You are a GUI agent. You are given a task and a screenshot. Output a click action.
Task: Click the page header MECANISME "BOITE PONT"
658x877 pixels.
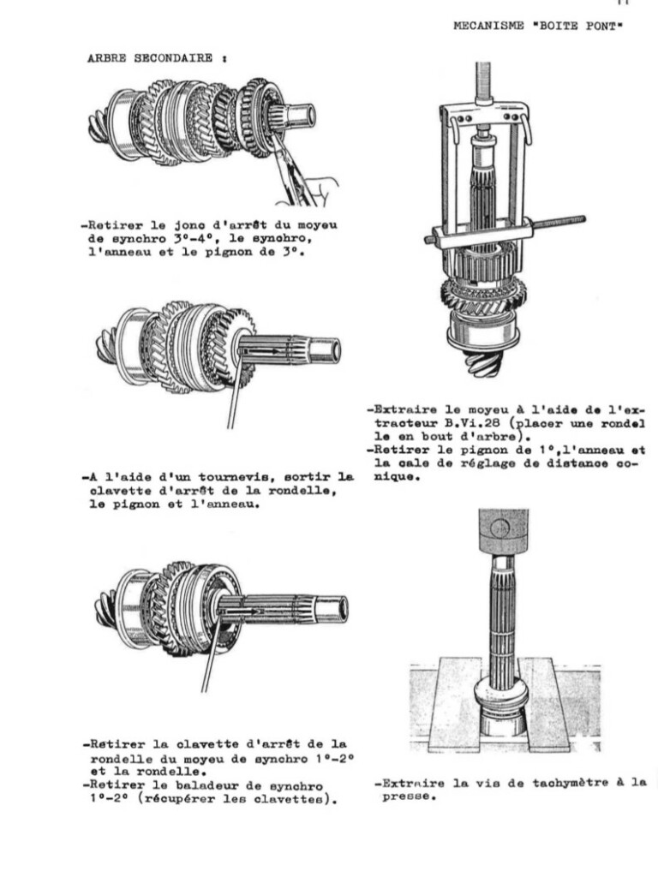[x=537, y=26]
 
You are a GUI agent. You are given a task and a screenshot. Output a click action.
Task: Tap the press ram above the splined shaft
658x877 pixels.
[x=504, y=530]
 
